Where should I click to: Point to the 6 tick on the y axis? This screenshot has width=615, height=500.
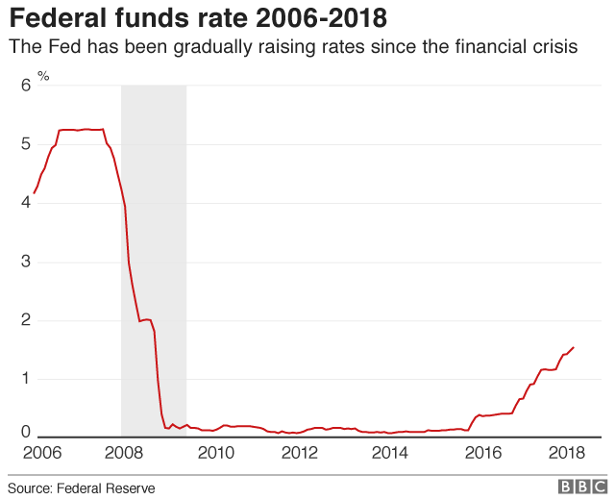click(26, 86)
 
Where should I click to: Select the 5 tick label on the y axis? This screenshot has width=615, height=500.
click(26, 144)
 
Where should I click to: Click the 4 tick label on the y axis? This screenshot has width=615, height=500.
click(26, 203)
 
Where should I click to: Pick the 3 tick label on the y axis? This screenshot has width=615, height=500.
click(26, 262)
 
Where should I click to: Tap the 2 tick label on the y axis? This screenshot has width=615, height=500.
click(26, 320)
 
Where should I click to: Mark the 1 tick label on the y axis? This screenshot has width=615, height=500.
click(26, 379)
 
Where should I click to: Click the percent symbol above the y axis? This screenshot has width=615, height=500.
click(43, 75)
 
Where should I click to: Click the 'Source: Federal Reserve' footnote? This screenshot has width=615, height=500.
click(82, 488)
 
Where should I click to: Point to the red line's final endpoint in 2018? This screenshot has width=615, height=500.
click(574, 348)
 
